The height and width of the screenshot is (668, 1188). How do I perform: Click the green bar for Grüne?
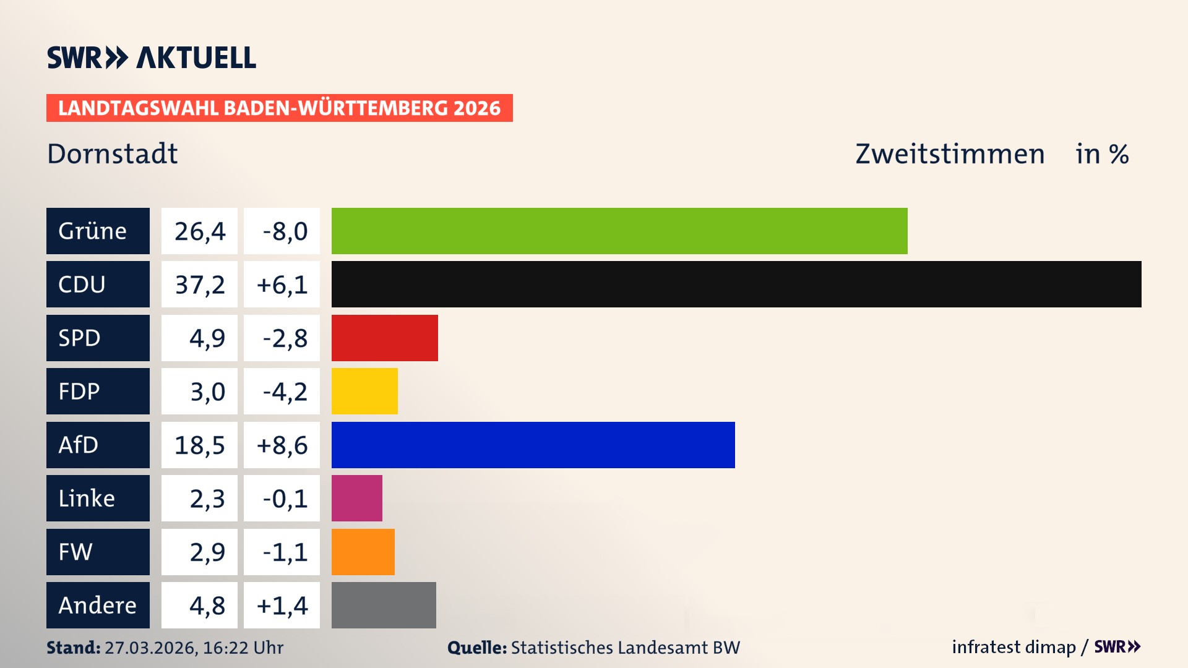tap(619, 231)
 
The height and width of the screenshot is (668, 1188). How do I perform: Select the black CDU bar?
tap(736, 284)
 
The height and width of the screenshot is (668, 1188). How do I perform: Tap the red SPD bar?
tap(384, 338)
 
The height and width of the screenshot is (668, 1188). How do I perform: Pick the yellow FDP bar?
tap(364, 391)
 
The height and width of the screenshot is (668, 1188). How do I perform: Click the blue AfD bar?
tap(533, 445)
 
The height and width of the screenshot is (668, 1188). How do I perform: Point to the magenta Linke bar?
tap(356, 498)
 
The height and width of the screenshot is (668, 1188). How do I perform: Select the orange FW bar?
tap(363, 552)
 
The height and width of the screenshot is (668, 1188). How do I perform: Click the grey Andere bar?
tap(384, 605)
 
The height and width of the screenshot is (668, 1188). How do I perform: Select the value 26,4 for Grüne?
tap(199, 231)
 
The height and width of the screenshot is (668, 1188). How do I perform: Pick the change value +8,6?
tap(282, 445)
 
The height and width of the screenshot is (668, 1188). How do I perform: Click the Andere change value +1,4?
tap(282, 605)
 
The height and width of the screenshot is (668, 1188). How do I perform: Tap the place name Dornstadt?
tap(112, 153)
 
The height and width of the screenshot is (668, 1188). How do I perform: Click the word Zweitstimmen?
tap(949, 153)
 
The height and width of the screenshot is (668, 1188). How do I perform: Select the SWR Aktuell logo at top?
tap(152, 58)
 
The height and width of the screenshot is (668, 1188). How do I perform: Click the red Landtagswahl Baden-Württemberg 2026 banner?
tap(279, 108)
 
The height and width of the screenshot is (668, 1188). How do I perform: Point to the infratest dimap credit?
tap(1014, 647)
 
